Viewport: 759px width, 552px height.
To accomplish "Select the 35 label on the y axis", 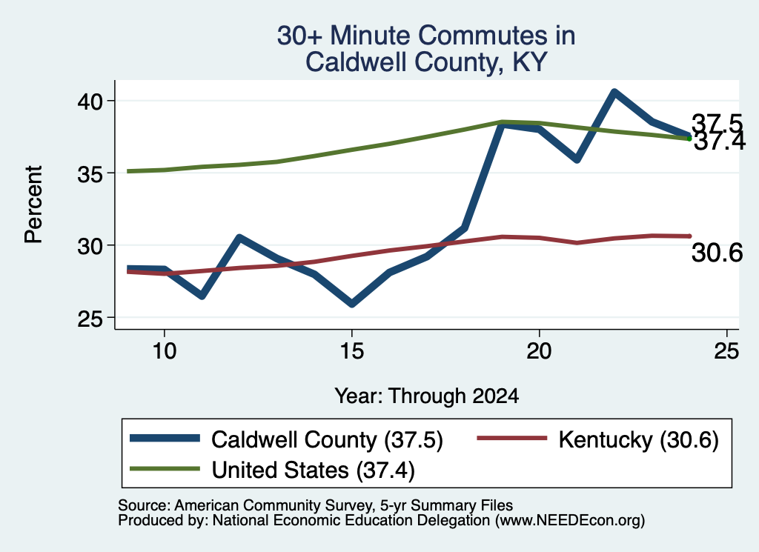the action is pyautogui.click(x=90, y=173).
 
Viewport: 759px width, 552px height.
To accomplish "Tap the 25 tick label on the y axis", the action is pyautogui.click(x=90, y=318).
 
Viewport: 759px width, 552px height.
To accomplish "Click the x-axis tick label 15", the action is pyautogui.click(x=351, y=350).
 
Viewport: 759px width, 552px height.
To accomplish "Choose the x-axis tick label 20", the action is pyautogui.click(x=539, y=350).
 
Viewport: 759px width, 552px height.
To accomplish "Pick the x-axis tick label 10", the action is pyautogui.click(x=164, y=350).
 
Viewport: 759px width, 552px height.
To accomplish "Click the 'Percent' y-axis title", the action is pyautogui.click(x=33, y=204).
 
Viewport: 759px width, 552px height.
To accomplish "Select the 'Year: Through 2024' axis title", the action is pyautogui.click(x=426, y=396).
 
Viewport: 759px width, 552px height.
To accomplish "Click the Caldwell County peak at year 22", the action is pyautogui.click(x=614, y=92).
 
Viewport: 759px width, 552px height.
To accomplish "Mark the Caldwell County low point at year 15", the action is pyautogui.click(x=352, y=304).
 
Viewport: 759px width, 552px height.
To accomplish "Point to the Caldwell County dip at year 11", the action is pyautogui.click(x=202, y=296).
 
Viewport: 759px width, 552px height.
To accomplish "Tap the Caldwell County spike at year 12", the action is pyautogui.click(x=239, y=237).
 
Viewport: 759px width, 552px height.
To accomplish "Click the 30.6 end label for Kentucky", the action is pyautogui.click(x=717, y=253).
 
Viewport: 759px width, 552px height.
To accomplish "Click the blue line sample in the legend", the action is pyautogui.click(x=165, y=439).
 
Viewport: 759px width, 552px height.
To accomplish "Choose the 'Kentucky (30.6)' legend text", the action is pyautogui.click(x=638, y=440).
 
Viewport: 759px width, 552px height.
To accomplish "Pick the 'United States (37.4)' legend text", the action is pyautogui.click(x=314, y=470).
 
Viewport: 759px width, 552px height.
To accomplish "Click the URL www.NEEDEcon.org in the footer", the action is pyautogui.click(x=570, y=521).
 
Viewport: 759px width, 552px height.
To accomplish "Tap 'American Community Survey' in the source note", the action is pyautogui.click(x=273, y=505).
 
